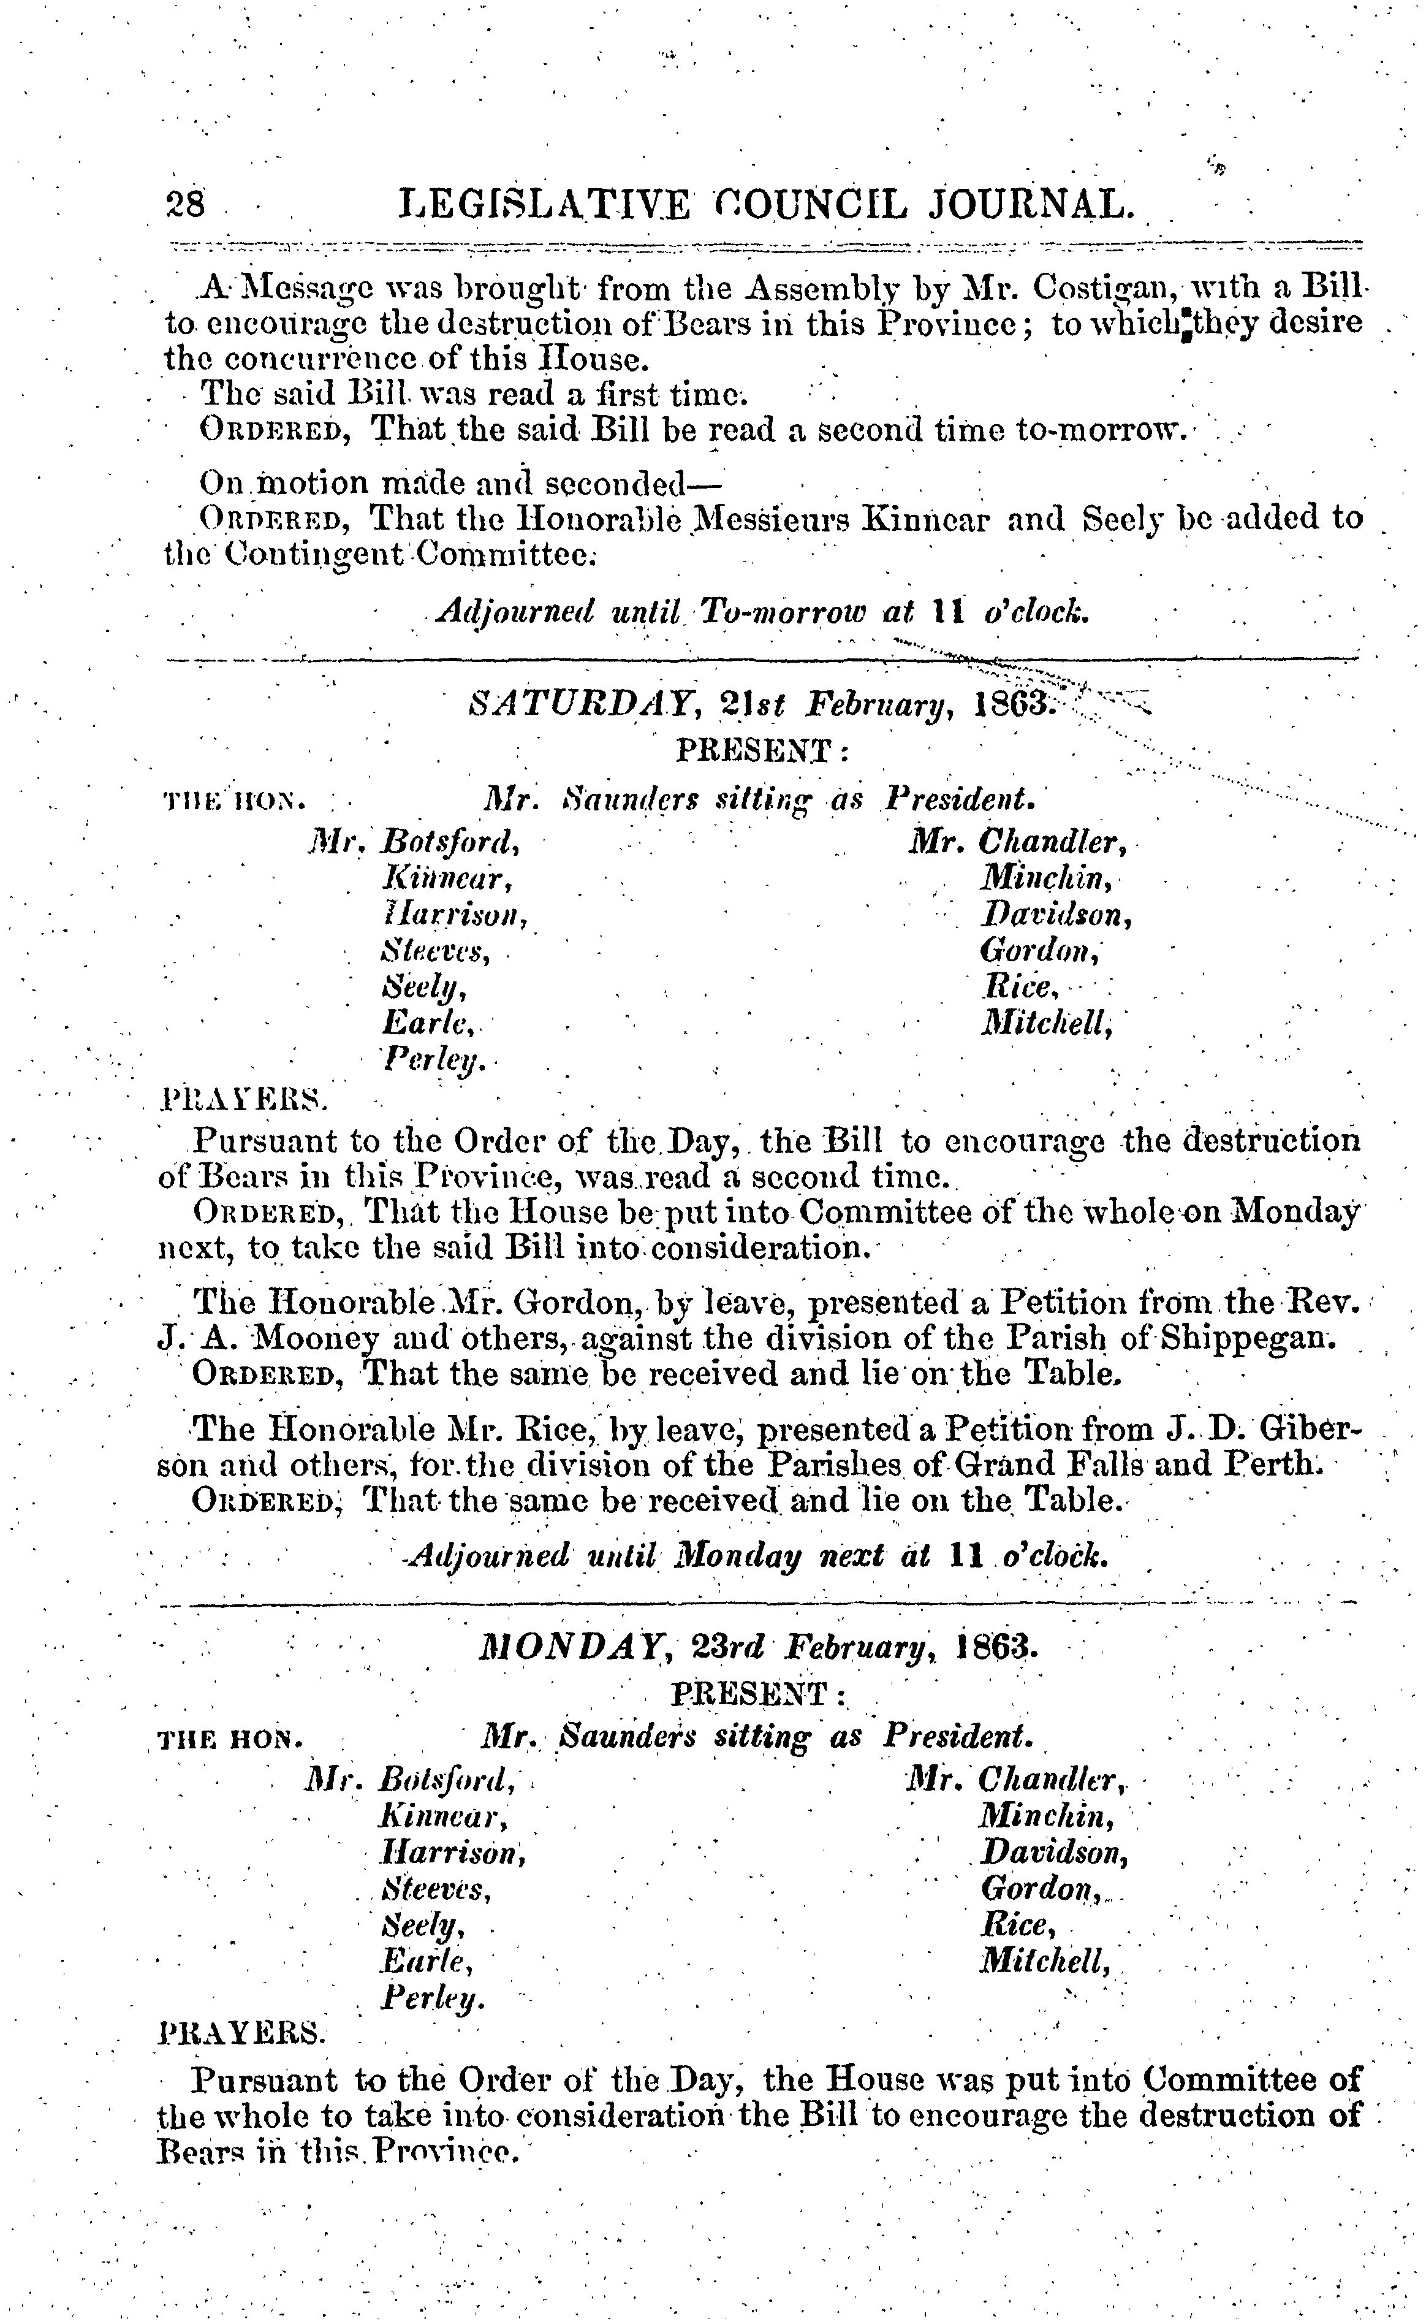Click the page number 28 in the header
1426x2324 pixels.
point(185,203)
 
